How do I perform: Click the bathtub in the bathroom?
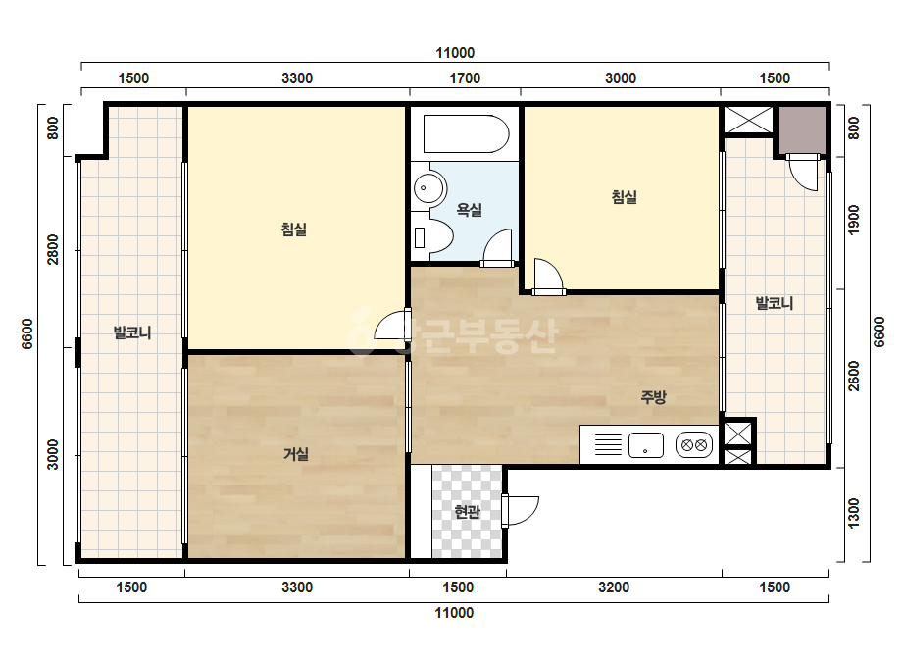pos(466,134)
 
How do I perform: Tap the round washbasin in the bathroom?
pos(428,187)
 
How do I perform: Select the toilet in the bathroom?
pos(432,237)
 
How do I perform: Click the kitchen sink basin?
pos(645,445)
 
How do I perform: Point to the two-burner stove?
pos(694,445)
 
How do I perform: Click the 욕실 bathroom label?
pos(469,210)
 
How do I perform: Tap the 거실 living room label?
pos(295,454)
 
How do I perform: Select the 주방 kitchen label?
pos(653,397)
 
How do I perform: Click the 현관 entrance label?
pos(467,512)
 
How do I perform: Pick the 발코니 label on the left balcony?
pos(132,332)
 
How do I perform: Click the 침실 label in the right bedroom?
pos(624,197)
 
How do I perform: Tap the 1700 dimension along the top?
pos(465,77)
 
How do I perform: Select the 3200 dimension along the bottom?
pos(614,587)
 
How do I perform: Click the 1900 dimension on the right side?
pos(854,220)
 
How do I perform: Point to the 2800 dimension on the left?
pos(53,249)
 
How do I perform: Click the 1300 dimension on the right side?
pos(854,513)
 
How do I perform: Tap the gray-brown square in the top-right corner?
pos(801,130)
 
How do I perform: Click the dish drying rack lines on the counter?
pos(608,444)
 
